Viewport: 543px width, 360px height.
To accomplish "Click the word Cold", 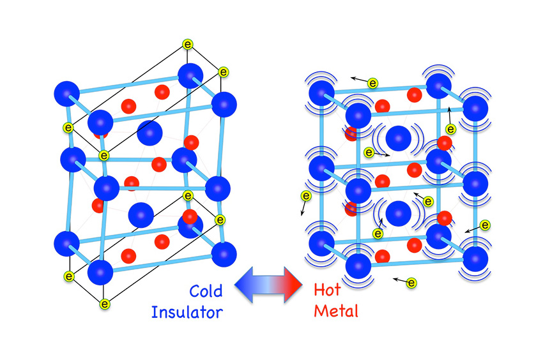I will (206, 292).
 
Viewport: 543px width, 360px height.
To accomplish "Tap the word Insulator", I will (187, 312).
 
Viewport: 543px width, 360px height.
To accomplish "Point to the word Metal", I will (336, 312).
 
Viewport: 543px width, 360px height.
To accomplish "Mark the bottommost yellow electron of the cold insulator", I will (105, 303).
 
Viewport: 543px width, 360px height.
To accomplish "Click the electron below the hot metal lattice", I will (411, 282).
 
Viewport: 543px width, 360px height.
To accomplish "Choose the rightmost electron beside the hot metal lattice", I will (485, 225).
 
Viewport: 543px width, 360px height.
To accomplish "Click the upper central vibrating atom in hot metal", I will (399, 137).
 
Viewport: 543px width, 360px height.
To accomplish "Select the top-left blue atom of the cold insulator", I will (66, 94).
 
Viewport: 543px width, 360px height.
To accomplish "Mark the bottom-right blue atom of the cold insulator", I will (224, 255).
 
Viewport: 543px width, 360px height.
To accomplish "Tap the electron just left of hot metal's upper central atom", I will (369, 153).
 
